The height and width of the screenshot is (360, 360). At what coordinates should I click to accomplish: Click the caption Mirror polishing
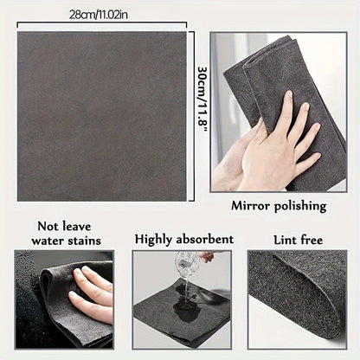point(278,207)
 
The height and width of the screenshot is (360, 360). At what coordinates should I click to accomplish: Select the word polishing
point(300,207)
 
